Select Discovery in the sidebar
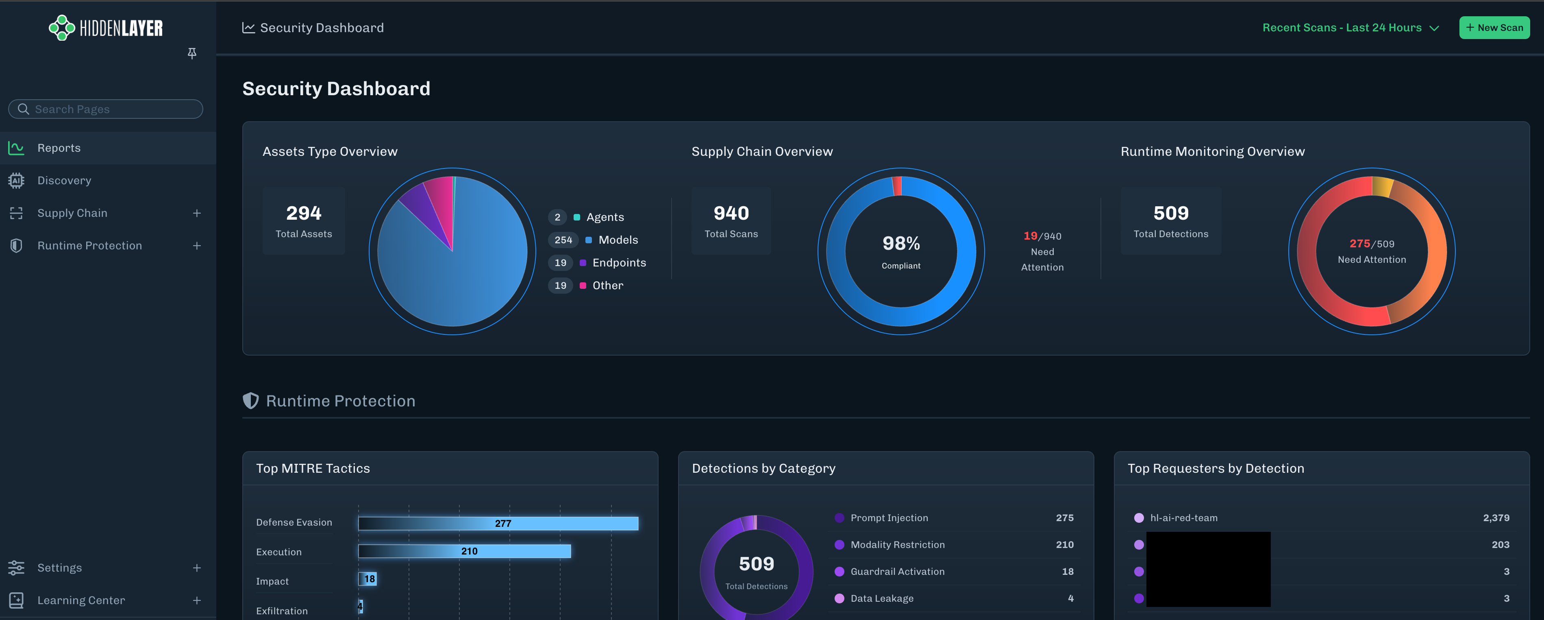pos(64,181)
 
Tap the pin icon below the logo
pos(192,53)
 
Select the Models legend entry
pos(618,240)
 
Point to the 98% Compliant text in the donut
pos(900,249)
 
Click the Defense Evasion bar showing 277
pos(498,524)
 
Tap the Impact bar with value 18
pos(368,579)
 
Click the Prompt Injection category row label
pos(889,518)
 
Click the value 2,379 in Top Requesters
pos(1496,518)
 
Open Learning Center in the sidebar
pos(81,600)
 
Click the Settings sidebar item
pos(59,568)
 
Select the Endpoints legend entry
pos(619,263)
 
